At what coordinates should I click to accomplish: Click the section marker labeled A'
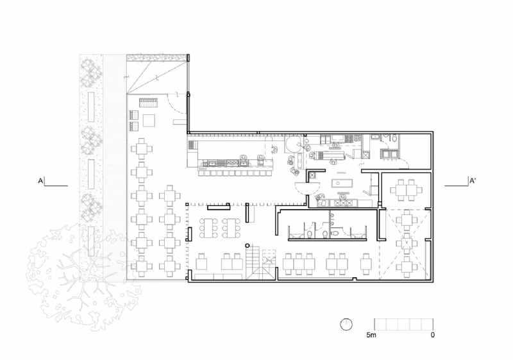coord(472,182)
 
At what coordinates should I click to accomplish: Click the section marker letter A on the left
coord(40,182)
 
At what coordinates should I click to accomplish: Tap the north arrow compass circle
coord(347,324)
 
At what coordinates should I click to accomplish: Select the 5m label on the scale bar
coord(371,335)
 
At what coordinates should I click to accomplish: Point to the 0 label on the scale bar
coord(433,335)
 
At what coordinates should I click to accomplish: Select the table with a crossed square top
coord(405,244)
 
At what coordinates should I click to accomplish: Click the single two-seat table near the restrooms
coord(366,262)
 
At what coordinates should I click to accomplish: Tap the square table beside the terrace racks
coord(149,120)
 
